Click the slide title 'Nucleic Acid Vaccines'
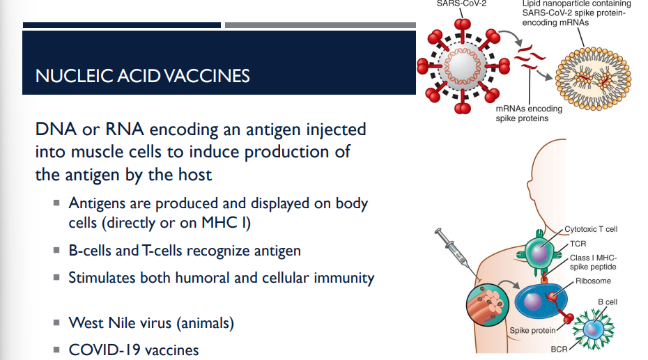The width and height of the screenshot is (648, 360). point(142,75)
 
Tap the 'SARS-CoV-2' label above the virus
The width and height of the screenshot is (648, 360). point(461,3)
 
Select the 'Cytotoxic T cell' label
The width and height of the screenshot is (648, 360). point(591,228)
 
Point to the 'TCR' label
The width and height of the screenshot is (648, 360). point(578,244)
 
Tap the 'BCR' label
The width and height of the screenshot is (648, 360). point(559,347)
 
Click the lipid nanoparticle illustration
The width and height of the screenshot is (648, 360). point(592,79)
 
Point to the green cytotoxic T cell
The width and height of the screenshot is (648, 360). point(543,250)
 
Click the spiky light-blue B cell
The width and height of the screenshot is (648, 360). point(593,328)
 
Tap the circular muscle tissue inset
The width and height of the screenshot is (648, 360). point(488,306)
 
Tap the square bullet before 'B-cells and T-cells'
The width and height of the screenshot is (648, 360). point(56,251)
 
